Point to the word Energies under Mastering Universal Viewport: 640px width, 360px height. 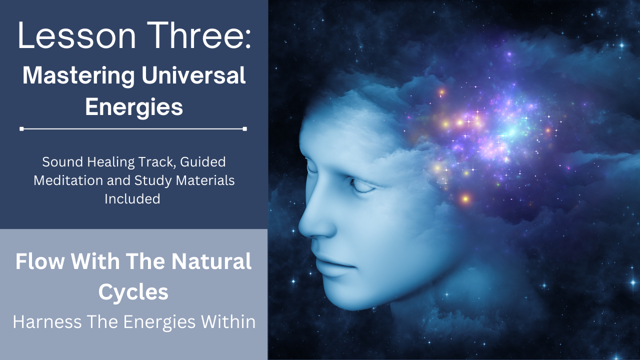coord(134,107)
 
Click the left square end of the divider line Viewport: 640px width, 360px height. coord(21,129)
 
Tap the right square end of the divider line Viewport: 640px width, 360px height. coord(244,129)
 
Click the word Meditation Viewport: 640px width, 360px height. coord(67,180)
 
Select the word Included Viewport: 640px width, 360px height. coord(132,198)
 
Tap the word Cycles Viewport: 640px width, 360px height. coord(133,292)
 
